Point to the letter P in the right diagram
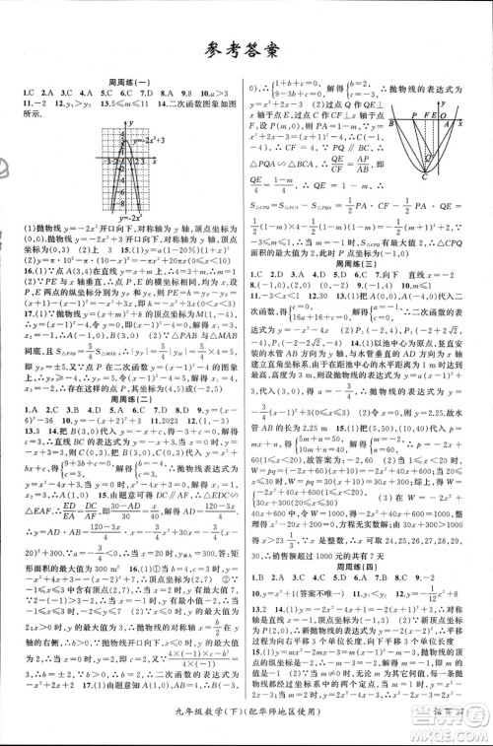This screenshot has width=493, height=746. (414, 115)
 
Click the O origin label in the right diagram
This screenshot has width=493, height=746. (443, 115)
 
